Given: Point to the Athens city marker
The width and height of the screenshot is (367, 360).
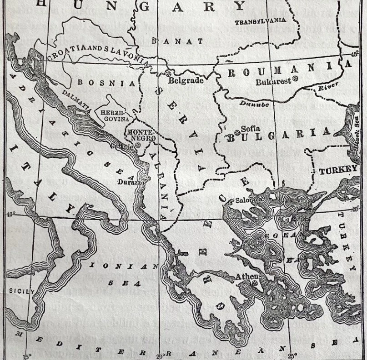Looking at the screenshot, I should tap(254, 283).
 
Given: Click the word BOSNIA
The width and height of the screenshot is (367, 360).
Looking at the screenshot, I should tap(106, 83).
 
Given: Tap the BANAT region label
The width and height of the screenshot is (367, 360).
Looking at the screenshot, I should tap(177, 41).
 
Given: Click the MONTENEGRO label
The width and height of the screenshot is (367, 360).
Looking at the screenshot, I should tap(141, 135).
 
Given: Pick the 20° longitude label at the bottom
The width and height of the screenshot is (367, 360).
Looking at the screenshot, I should tap(161, 355).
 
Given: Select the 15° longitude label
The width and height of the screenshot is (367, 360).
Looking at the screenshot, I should tap(27, 356).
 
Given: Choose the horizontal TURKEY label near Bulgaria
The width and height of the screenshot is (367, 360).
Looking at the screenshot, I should tap(338, 170).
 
